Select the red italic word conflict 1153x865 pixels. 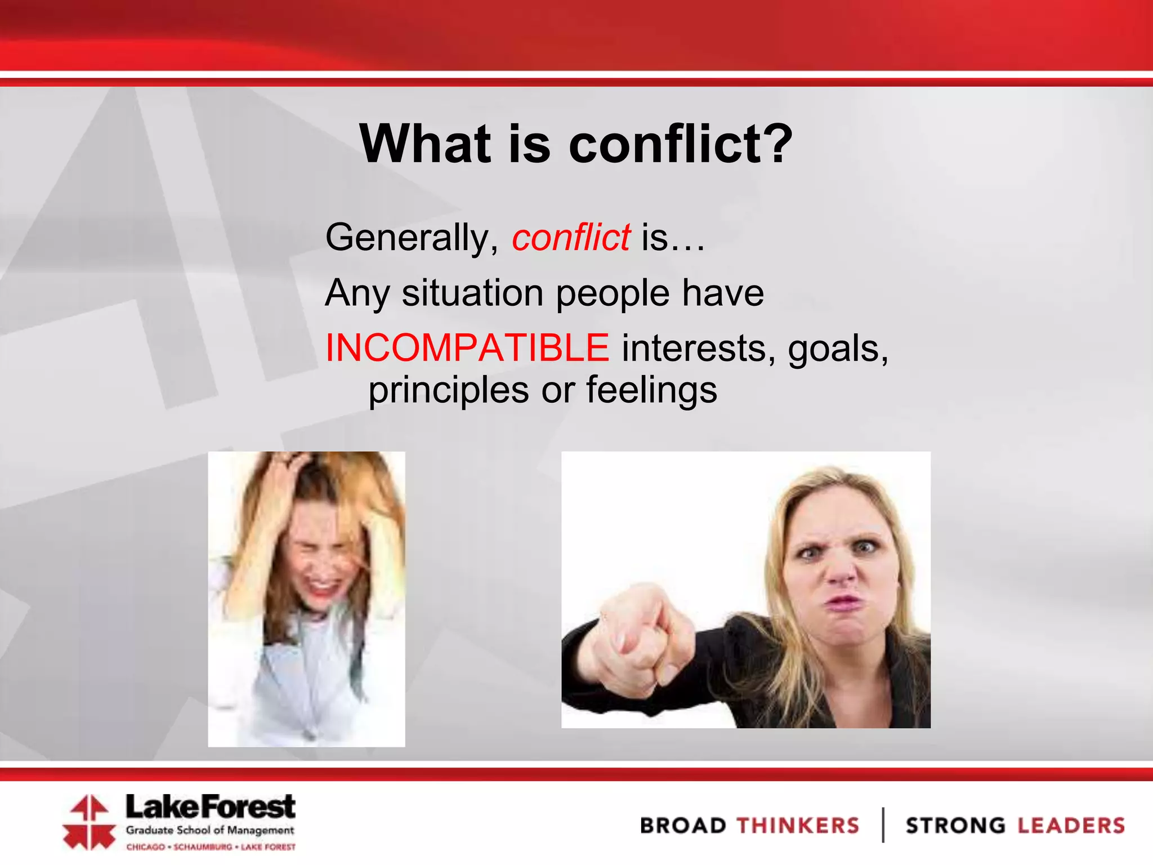pyautogui.click(x=571, y=238)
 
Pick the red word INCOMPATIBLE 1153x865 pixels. pyautogui.click(x=467, y=348)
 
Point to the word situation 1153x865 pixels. pyautogui.click(x=473, y=293)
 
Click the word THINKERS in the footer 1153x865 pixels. pyautogui.click(x=798, y=826)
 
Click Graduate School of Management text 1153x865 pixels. pyautogui.click(x=210, y=830)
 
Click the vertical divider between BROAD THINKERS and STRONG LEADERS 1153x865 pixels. pyautogui.click(x=883, y=825)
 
